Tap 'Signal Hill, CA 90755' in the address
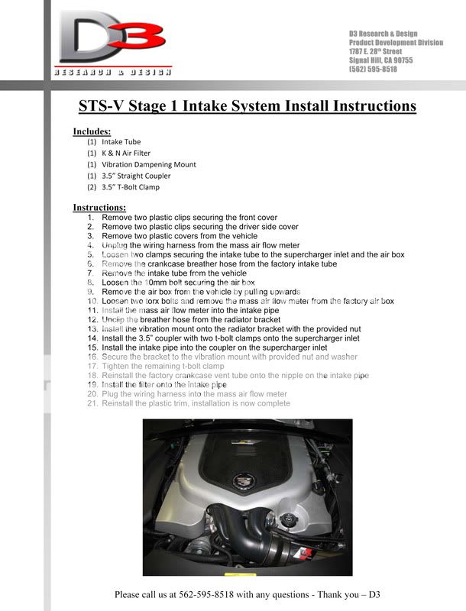coord(381,60)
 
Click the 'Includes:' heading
coord(92,131)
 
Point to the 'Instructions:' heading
coord(99,208)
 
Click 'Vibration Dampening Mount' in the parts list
coord(149,164)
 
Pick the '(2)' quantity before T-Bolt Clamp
coord(92,187)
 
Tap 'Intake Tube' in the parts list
coord(121,141)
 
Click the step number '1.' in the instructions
coord(91,218)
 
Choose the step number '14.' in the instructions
coord(92,338)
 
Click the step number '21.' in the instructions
coord(92,403)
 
